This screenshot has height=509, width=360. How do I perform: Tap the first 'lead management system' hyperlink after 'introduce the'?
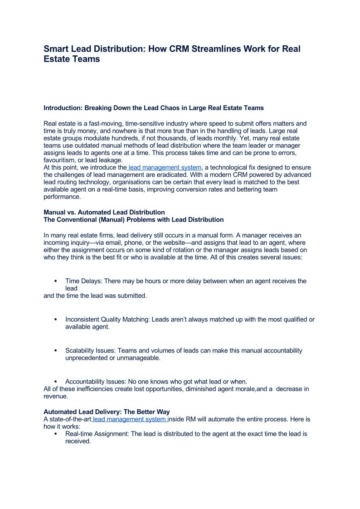click(x=165, y=168)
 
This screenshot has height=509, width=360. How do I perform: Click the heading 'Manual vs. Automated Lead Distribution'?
click(x=104, y=212)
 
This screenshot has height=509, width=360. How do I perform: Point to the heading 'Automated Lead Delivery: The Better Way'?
click(x=107, y=412)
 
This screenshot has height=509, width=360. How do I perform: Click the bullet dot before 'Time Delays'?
click(x=56, y=281)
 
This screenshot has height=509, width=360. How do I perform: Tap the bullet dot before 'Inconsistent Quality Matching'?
click(x=56, y=320)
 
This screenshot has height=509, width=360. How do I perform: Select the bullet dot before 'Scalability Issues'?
click(x=56, y=351)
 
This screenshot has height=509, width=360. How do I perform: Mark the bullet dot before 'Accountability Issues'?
click(x=56, y=382)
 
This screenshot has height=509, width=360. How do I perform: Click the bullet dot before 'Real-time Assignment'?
click(x=56, y=434)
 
